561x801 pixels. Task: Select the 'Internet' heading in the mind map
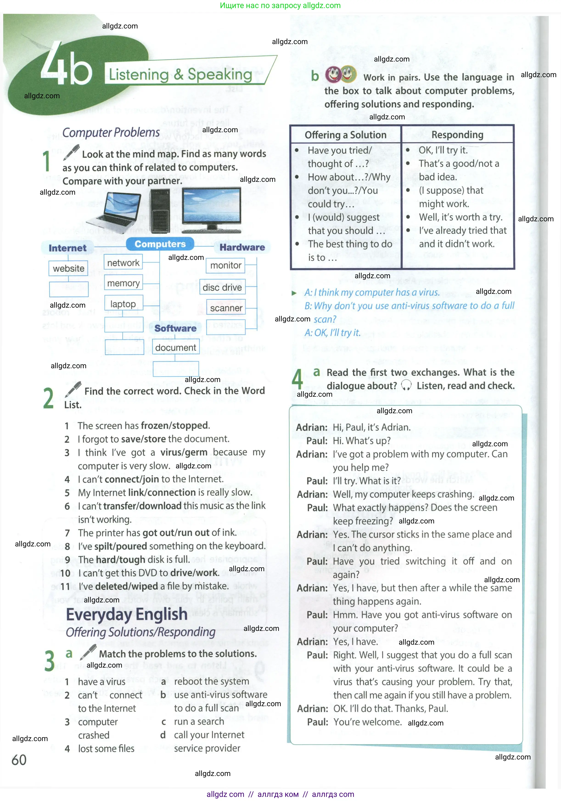(67, 248)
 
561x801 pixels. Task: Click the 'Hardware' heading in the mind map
(242, 247)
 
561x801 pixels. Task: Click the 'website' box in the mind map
(68, 268)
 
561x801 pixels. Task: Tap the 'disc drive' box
(222, 287)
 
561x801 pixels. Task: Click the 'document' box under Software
(176, 348)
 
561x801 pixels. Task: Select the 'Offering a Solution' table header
(345, 135)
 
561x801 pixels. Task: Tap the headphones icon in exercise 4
(406, 385)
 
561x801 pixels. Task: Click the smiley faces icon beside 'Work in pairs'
(341, 74)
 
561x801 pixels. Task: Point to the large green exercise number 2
(48, 398)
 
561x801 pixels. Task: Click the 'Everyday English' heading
(127, 614)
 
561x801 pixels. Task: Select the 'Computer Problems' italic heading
(111, 132)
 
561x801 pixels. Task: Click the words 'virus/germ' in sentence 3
(184, 452)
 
